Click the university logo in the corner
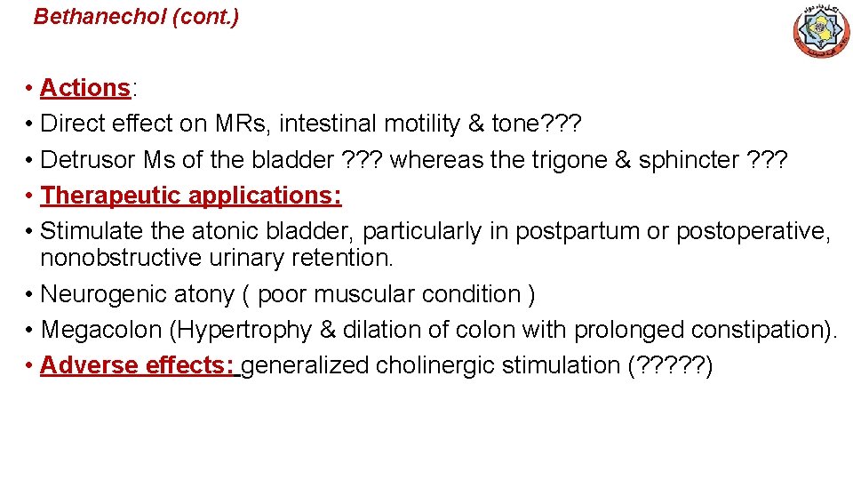point(820,32)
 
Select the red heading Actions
point(85,88)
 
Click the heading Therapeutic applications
point(191,196)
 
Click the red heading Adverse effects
point(137,365)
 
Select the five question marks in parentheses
point(668,365)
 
